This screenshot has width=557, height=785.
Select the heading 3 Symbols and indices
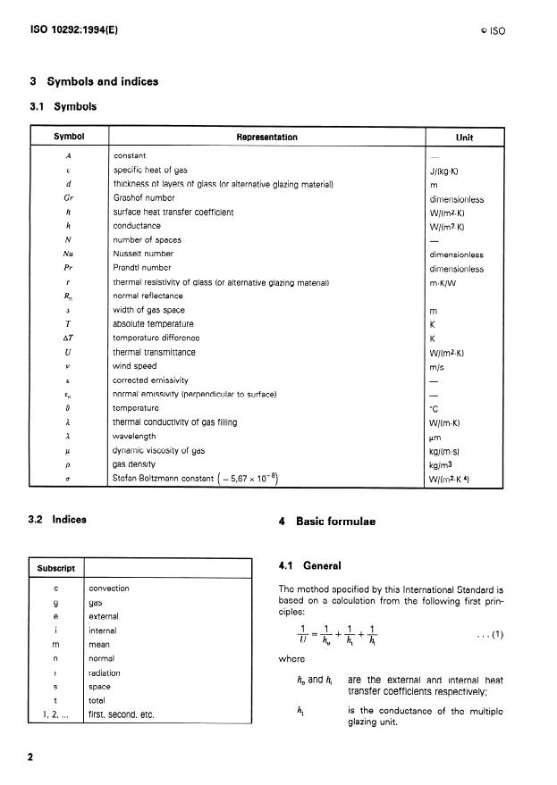coord(94,81)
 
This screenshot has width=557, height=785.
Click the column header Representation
coord(266,138)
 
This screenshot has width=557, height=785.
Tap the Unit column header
coord(464,138)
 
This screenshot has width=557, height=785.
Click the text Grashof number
coord(143,198)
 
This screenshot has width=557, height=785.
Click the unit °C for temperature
coord(435,408)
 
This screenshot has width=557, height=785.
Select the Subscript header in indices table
coord(56,568)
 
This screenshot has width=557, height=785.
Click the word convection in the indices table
coord(109,589)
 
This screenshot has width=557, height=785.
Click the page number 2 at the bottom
coord(30,757)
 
